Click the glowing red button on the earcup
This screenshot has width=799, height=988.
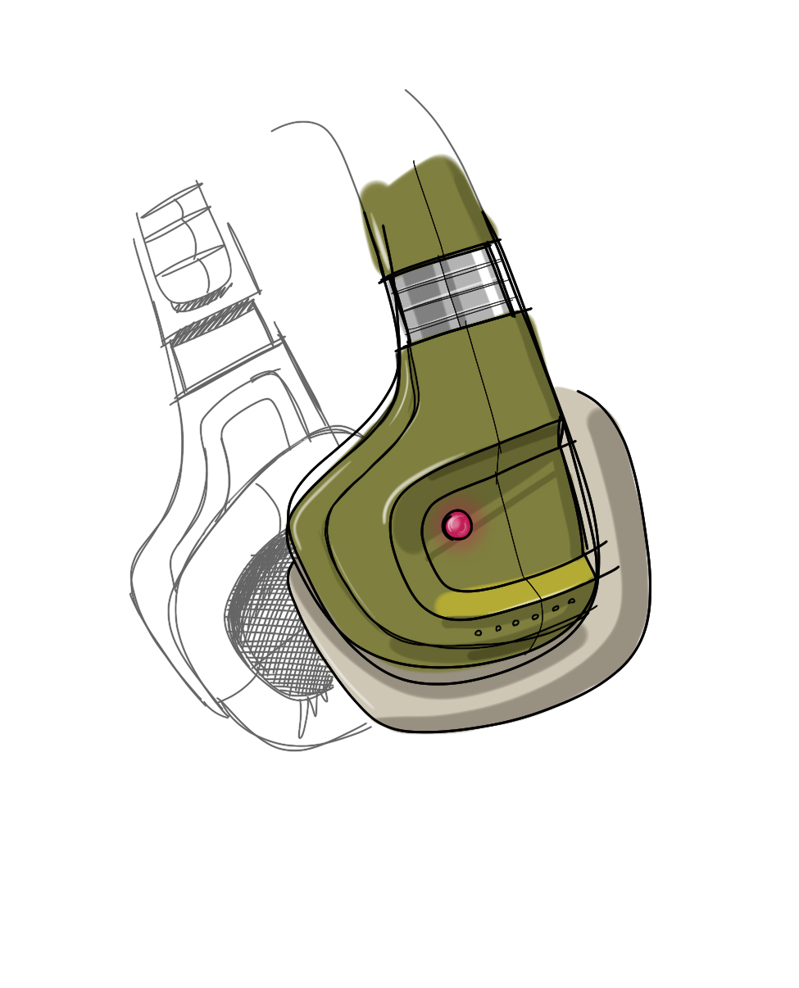pos(457,525)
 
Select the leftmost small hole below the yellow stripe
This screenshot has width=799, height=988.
pos(479,632)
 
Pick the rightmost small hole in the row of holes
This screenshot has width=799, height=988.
pos(571,601)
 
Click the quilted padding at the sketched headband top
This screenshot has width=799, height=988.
pos(184,246)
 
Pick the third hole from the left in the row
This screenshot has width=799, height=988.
pos(515,623)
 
